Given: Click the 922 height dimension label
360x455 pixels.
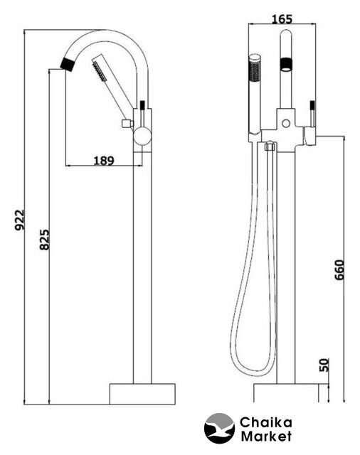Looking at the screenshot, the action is [21, 220].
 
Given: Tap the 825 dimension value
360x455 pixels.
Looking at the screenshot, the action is [44, 240].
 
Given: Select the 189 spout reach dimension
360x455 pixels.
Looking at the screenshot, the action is [104, 160].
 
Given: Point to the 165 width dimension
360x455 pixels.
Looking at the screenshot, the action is [282, 19].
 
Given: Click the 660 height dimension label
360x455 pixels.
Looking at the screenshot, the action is [339, 270].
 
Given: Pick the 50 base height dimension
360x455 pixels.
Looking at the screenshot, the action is [324, 365].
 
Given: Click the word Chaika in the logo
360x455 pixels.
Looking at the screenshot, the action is [265, 422].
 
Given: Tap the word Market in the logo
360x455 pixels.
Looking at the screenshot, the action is [266, 436].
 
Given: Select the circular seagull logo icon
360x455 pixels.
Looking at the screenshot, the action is [219, 428].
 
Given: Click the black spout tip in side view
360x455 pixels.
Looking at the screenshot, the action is [68, 65].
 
